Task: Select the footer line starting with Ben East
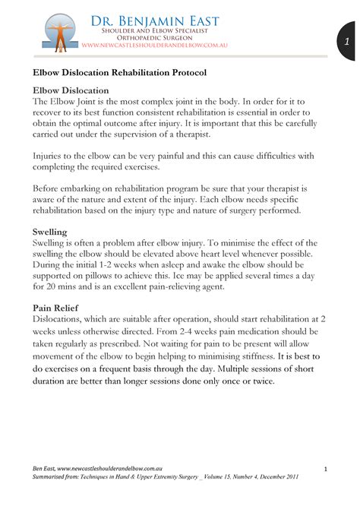(x=92, y=471)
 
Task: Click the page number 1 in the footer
(x=324, y=471)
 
